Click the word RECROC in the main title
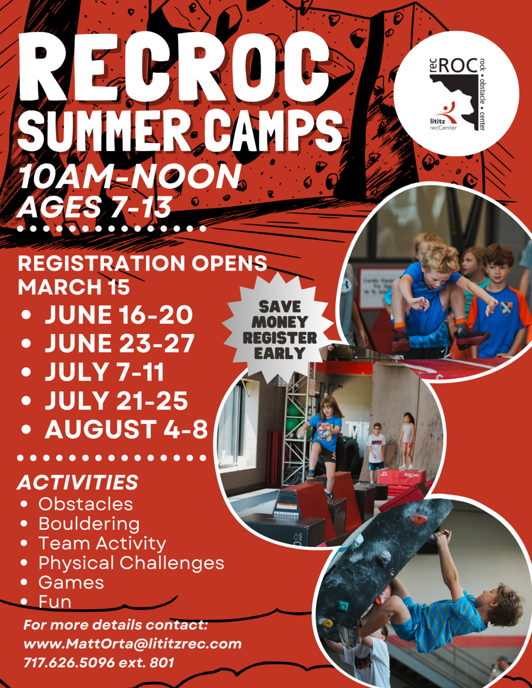[175, 67]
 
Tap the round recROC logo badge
[456, 94]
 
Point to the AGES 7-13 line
[95, 207]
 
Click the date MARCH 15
[74, 287]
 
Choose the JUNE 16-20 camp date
[119, 314]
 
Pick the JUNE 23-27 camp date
[120, 344]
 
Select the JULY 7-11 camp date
[104, 372]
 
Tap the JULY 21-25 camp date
[116, 401]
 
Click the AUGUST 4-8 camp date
[126, 429]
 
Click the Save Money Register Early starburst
[279, 330]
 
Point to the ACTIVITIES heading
[78, 482]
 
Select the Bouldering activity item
[89, 524]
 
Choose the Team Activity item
[102, 543]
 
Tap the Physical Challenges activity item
[131, 563]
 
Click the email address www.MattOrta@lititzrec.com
[133, 644]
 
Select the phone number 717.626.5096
[69, 662]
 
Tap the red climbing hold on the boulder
[417, 520]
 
